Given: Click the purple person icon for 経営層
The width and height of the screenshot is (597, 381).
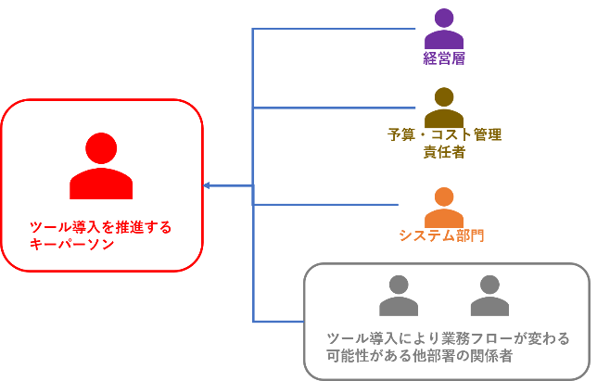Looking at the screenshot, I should [444, 31].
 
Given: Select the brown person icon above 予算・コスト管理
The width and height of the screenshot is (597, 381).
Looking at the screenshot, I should [444, 109].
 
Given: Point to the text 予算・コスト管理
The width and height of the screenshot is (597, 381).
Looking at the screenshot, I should [444, 135].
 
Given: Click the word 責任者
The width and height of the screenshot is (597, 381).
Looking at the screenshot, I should [444, 153].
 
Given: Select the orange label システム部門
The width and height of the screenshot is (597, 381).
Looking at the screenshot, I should [441, 235].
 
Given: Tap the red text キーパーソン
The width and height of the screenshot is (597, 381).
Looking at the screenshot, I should [71, 245].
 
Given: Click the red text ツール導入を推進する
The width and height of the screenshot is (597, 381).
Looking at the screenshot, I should [101, 227].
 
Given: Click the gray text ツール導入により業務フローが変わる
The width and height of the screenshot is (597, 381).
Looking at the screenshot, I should [449, 337].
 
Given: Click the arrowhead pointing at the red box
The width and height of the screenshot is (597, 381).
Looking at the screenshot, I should [208, 186].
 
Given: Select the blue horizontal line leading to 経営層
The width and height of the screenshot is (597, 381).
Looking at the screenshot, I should [334, 30].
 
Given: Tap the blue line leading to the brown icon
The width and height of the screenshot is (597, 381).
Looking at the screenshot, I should [334, 108].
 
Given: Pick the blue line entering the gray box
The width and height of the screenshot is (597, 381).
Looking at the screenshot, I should [278, 322].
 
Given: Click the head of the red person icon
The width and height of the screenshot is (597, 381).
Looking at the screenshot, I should [102, 148].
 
